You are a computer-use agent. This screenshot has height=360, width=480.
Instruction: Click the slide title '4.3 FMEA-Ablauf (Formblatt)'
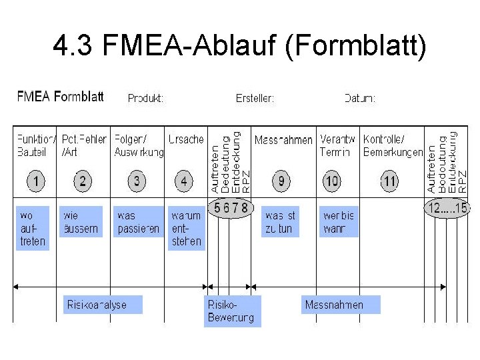pyautogui.click(x=239, y=47)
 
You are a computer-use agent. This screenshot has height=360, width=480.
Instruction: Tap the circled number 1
pyautogui.click(x=36, y=181)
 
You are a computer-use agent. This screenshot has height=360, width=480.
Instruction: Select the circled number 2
pyautogui.click(x=82, y=181)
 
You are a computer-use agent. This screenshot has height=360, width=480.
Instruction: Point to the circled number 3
pyautogui.click(x=137, y=181)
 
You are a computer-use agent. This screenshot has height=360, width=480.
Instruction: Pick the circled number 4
pyautogui.click(x=183, y=181)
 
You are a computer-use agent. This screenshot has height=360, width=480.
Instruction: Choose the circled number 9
pyautogui.click(x=281, y=181)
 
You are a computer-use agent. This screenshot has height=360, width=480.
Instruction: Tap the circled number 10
pyautogui.click(x=332, y=181)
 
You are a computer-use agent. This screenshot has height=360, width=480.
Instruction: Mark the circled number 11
pyautogui.click(x=389, y=181)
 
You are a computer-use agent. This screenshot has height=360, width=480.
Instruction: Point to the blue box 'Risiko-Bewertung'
pyautogui.click(x=231, y=311)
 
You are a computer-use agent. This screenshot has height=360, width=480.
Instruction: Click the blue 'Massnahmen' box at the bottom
pyautogui.click(x=340, y=305)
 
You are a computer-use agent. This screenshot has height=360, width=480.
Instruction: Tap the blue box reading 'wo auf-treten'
pyautogui.click(x=33, y=228)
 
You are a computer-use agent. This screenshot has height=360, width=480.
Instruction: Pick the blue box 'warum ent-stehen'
pyautogui.click(x=186, y=228)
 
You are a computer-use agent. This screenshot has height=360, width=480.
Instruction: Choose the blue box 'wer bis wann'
pyautogui.click(x=339, y=222)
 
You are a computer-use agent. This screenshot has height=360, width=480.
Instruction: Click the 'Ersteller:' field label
pyautogui.click(x=255, y=98)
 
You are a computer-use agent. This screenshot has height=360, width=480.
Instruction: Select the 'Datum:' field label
pyautogui.click(x=360, y=98)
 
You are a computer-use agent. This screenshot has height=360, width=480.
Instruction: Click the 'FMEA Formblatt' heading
pyautogui.click(x=60, y=97)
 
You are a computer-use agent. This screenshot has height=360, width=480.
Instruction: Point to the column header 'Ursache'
pyautogui.click(x=186, y=139)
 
